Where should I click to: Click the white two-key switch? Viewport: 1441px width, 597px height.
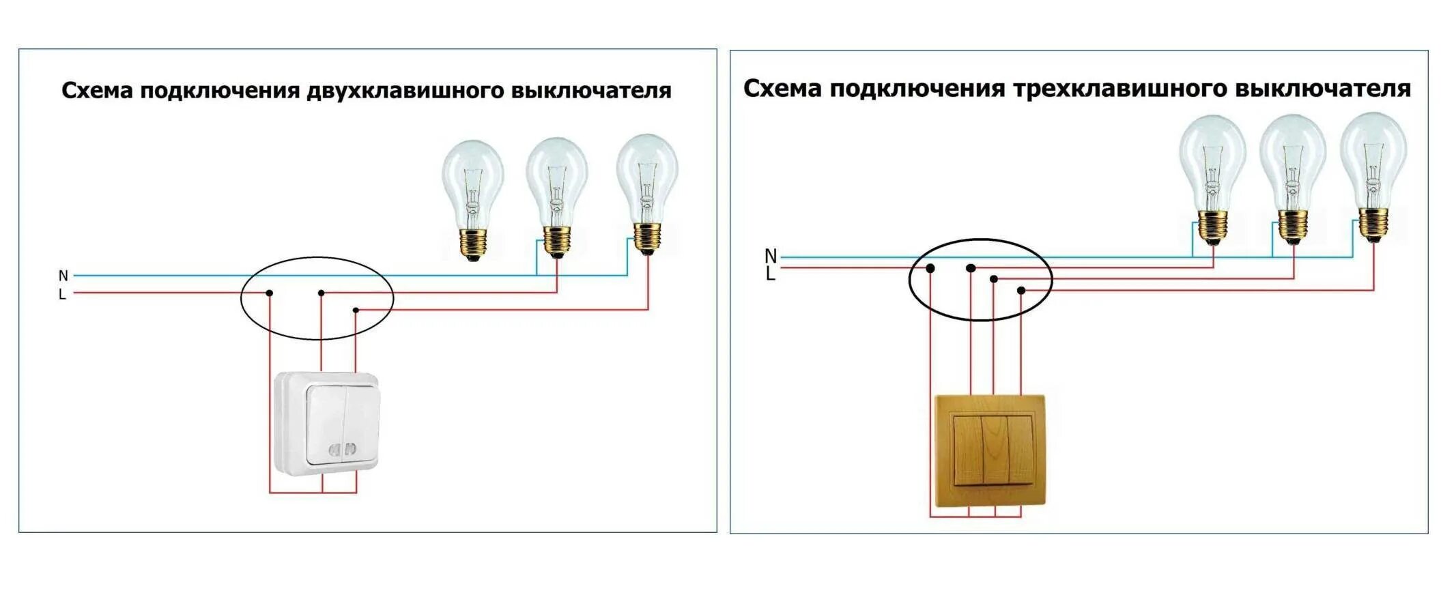tap(326, 424)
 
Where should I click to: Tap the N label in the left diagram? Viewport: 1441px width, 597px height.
tap(63, 276)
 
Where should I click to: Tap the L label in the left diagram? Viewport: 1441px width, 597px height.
tap(62, 295)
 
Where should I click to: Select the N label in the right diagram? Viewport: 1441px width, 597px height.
tap(771, 256)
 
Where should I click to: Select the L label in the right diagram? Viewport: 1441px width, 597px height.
tap(771, 274)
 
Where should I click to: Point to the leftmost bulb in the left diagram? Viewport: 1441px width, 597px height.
tap(472, 198)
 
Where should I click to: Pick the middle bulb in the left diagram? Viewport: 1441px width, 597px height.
tap(556, 195)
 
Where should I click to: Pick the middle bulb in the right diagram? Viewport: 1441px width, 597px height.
tap(1292, 177)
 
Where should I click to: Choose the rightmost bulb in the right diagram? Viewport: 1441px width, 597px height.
tap(1373, 175)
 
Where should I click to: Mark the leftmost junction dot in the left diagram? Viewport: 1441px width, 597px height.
tap(270, 293)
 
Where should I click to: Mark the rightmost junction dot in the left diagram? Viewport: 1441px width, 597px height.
tap(356, 310)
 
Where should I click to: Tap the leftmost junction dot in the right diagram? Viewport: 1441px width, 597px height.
tap(930, 269)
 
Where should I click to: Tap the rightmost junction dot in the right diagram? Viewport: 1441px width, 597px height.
tap(1021, 291)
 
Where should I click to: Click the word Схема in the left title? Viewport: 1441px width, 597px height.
tap(97, 91)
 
